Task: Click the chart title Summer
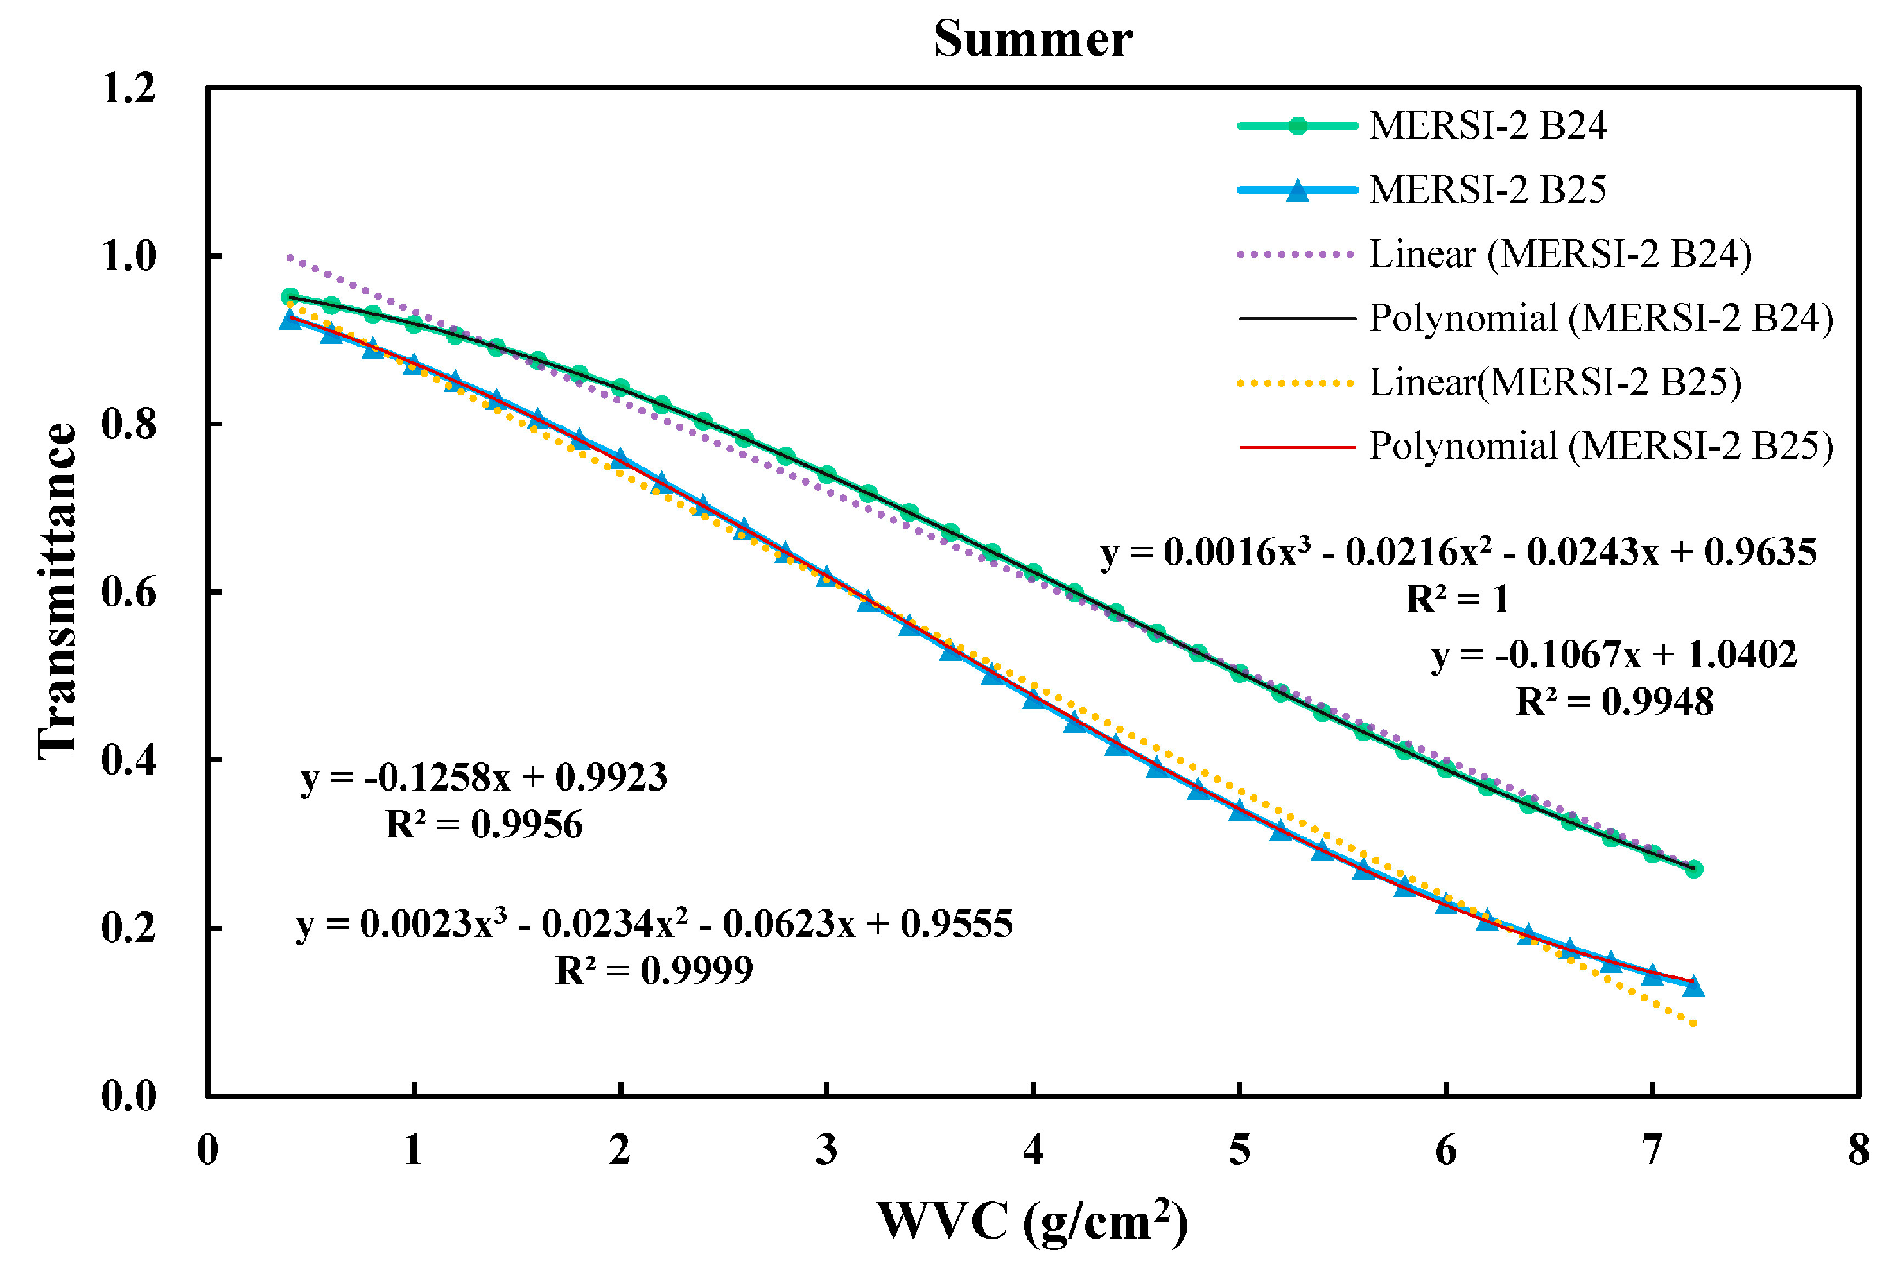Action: point(1032,39)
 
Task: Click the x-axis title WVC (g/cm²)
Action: point(1032,1221)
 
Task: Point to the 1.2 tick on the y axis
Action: point(128,88)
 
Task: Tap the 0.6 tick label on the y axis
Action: point(128,592)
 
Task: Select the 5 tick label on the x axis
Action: point(1239,1149)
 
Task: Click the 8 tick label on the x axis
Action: point(1858,1149)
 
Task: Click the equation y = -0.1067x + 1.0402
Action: point(1614,655)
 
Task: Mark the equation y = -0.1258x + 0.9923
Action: point(484,778)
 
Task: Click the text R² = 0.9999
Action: point(654,970)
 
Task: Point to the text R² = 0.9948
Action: point(1614,701)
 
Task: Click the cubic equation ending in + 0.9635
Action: point(1458,553)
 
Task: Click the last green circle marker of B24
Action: point(1693,870)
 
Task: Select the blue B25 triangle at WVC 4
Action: point(1033,698)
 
